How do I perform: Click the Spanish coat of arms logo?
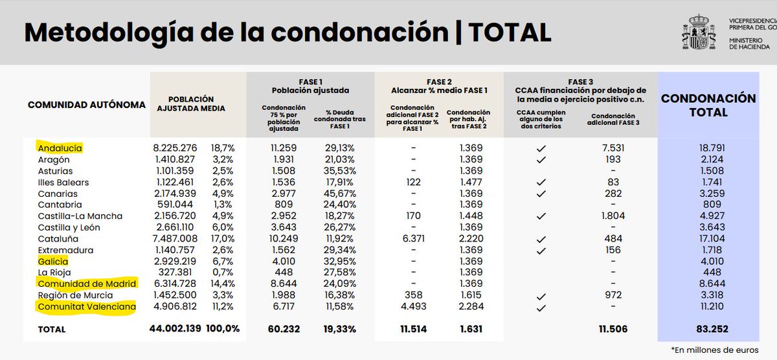point(698,32)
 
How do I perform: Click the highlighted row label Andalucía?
point(60,148)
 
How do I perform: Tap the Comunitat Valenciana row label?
point(86,307)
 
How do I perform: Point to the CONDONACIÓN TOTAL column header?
point(708,106)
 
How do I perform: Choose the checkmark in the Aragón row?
point(541,160)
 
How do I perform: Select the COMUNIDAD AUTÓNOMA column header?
point(87,104)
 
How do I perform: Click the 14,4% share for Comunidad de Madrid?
point(223,284)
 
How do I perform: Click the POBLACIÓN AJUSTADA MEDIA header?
point(191,104)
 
